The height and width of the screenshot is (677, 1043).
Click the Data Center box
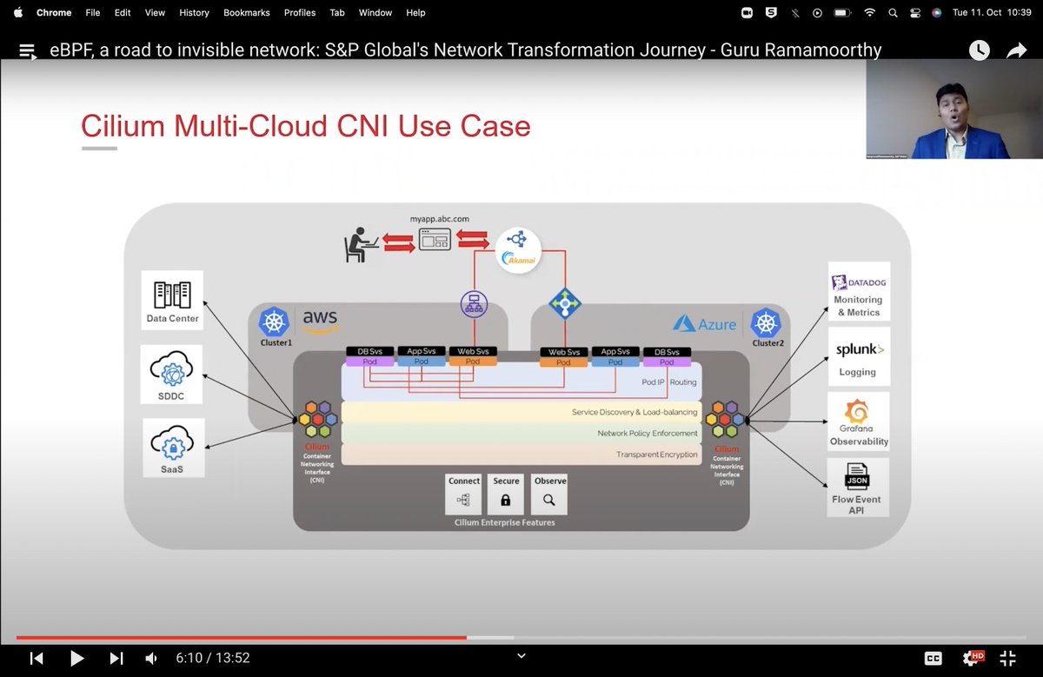tap(172, 300)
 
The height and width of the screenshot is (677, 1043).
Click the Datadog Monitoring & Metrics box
tap(858, 291)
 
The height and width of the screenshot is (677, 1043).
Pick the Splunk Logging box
tap(858, 355)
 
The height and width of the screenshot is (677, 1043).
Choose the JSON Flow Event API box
tap(857, 487)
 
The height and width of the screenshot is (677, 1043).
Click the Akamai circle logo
tap(518, 249)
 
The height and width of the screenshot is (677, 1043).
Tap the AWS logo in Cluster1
tap(320, 322)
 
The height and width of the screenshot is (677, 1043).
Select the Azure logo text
tap(706, 324)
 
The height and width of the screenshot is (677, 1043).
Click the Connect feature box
tap(463, 494)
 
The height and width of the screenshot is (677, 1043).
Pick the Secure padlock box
tap(506, 494)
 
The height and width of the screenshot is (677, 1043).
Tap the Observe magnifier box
tap(549, 494)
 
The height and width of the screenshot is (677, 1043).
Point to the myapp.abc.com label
tap(439, 220)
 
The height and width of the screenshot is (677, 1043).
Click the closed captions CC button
tap(933, 659)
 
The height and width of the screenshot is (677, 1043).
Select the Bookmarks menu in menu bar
tap(246, 13)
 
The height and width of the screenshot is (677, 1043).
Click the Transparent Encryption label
tap(656, 455)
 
